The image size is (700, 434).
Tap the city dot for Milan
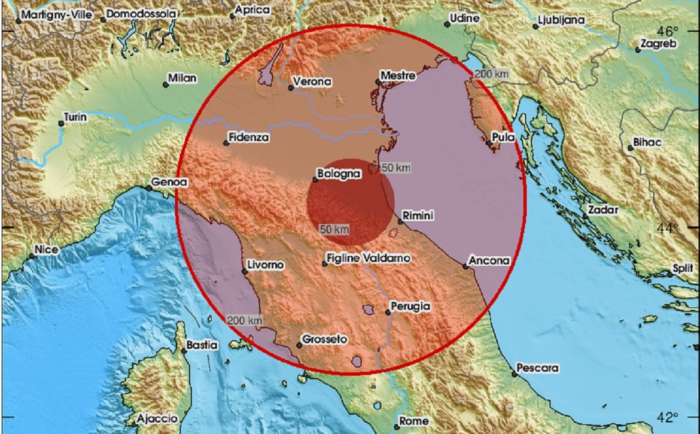[166, 84]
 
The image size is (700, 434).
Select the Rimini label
[418, 216]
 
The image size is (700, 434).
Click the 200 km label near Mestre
[492, 74]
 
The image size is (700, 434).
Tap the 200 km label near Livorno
[245, 320]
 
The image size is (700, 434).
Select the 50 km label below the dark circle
[334, 229]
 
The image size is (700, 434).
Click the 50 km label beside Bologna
[395, 168]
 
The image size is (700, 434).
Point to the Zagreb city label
[658, 44]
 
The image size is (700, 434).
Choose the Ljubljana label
[561, 20]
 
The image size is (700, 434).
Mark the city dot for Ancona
[465, 266]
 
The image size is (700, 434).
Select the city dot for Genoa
[149, 188]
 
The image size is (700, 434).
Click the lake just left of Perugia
[369, 309]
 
